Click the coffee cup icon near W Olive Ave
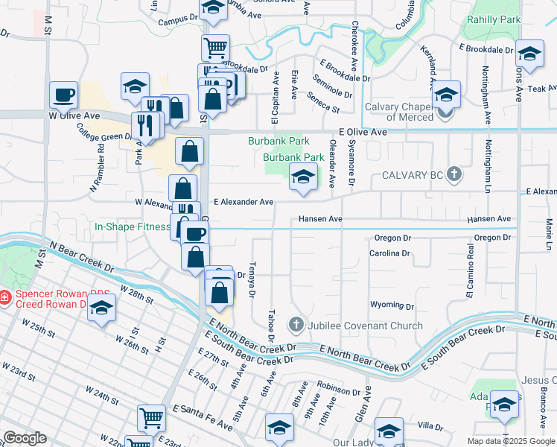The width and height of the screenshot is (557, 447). (63, 95)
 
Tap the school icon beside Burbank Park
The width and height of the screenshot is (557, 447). (302, 177)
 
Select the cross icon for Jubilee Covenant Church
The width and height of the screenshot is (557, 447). (296, 326)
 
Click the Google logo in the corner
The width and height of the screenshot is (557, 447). (25, 438)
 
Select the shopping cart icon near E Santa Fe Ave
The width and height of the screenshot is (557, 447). (152, 418)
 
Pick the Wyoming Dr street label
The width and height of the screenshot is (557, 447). (392, 306)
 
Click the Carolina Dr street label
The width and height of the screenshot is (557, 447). (389, 253)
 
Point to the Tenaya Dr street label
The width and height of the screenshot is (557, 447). (252, 280)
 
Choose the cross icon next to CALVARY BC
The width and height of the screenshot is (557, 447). (455, 175)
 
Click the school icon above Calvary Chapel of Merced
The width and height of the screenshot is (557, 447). (446, 95)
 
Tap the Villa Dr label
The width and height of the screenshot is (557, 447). (430, 427)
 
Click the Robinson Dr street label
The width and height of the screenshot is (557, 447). (338, 390)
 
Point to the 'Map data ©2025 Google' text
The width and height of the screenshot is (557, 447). (511, 441)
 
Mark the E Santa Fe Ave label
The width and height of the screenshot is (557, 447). (203, 417)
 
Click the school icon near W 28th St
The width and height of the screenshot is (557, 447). (101, 309)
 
